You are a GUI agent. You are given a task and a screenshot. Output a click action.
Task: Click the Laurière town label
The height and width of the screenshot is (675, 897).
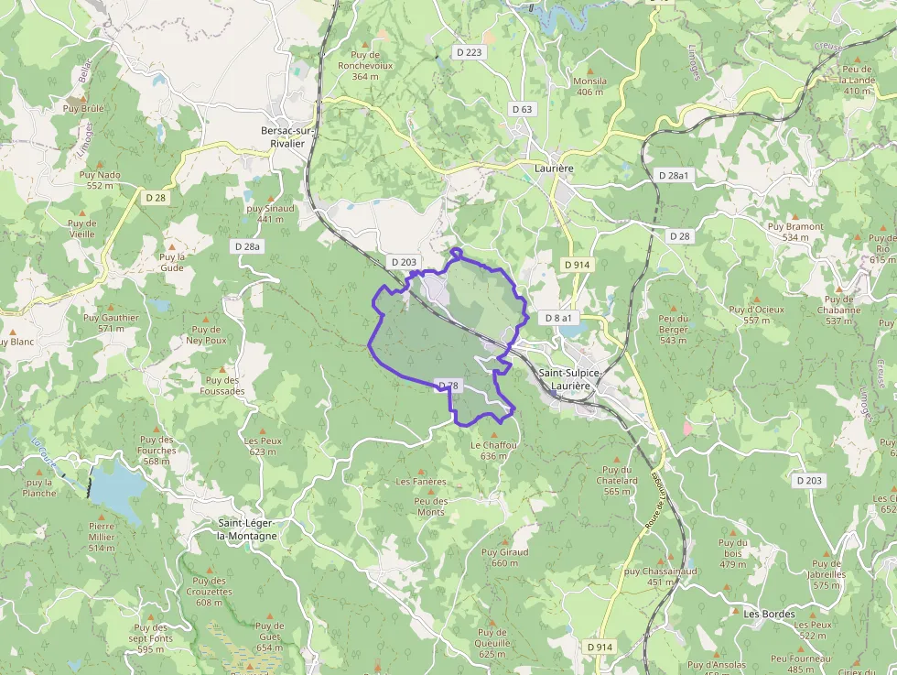[554, 169]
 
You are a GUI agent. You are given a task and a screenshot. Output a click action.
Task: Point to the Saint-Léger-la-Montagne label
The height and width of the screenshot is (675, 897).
[247, 529]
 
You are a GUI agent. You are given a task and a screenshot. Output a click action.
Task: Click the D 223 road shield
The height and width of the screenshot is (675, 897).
[469, 52]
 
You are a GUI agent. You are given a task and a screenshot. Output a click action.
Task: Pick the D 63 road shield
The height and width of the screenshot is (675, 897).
[522, 109]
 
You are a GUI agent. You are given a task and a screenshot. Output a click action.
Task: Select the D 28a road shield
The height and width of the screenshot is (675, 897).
[247, 246]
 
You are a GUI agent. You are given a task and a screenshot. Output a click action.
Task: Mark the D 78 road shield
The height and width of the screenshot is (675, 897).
[448, 386]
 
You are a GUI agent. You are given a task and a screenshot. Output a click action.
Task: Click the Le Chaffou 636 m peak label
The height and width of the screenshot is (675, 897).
[494, 450]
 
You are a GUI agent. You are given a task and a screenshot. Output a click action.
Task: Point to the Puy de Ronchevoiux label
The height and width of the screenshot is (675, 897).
[365, 65]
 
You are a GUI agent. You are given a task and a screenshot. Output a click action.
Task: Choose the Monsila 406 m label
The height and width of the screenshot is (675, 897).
[589, 86]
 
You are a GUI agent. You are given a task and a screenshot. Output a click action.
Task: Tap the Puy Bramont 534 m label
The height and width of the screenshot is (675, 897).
[795, 232]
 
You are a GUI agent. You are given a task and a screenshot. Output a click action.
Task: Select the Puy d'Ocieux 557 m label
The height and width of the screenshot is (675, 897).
[757, 314]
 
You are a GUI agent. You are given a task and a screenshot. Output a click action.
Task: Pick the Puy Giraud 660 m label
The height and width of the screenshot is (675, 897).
[504, 557]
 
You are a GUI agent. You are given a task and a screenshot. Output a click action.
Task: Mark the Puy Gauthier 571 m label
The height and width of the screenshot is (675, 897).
[111, 322]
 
